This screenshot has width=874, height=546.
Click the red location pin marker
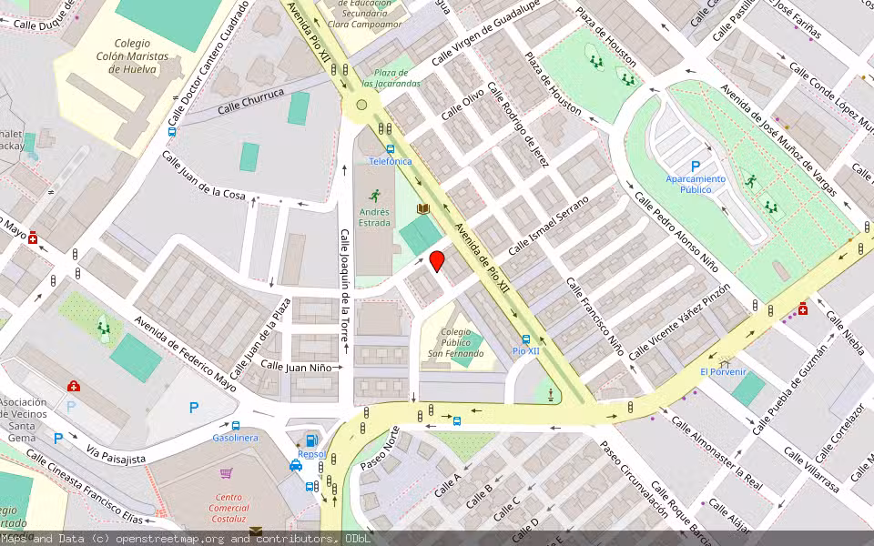(x=437, y=261)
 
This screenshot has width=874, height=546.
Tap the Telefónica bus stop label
(x=390, y=161)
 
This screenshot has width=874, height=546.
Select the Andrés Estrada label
(x=374, y=217)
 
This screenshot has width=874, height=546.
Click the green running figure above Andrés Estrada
(x=374, y=195)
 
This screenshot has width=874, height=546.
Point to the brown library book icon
(x=422, y=208)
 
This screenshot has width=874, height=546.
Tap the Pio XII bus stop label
(x=526, y=350)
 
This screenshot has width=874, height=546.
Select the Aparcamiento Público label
(x=696, y=185)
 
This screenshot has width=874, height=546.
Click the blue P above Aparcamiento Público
(x=696, y=167)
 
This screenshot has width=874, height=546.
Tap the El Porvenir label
(x=723, y=371)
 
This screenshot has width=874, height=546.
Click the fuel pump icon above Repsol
(x=312, y=440)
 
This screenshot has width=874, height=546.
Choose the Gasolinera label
(x=236, y=438)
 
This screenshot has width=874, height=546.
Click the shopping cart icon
(x=227, y=473)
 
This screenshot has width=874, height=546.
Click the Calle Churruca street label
(x=251, y=101)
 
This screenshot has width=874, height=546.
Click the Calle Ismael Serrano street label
(x=548, y=226)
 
